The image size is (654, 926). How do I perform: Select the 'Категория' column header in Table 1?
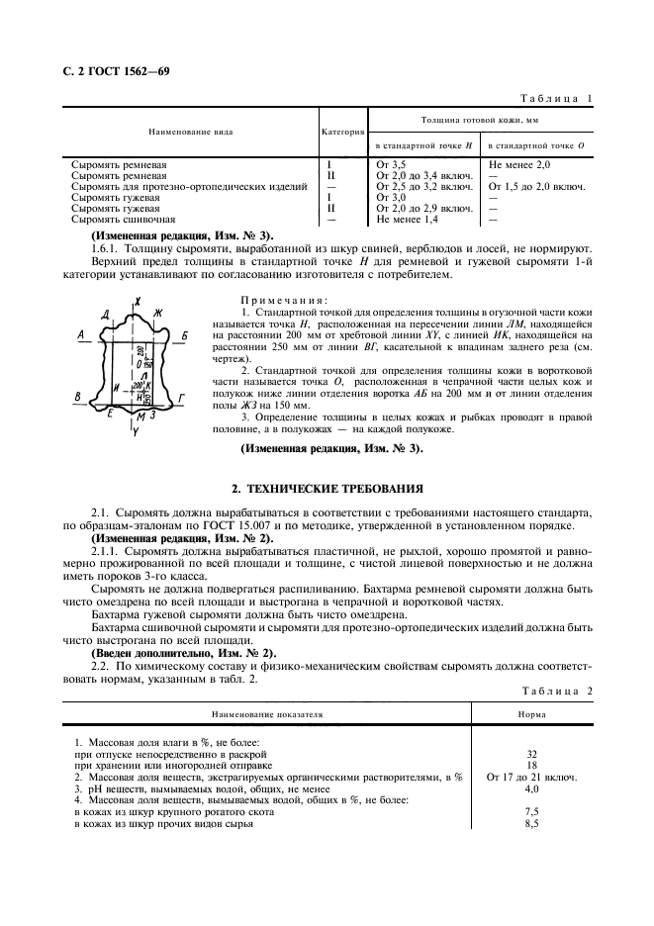coord(343,132)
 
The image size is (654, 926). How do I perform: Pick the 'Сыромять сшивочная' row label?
coord(124,219)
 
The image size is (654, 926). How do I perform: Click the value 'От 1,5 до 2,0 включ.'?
coord(537,186)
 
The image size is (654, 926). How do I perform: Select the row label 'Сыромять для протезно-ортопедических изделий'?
coord(182,186)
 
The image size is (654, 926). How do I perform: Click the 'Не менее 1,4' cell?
coord(409,219)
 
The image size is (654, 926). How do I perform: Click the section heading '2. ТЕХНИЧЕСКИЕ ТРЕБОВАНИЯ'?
coord(327,488)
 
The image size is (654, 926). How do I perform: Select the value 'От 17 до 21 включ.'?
coord(531,778)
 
